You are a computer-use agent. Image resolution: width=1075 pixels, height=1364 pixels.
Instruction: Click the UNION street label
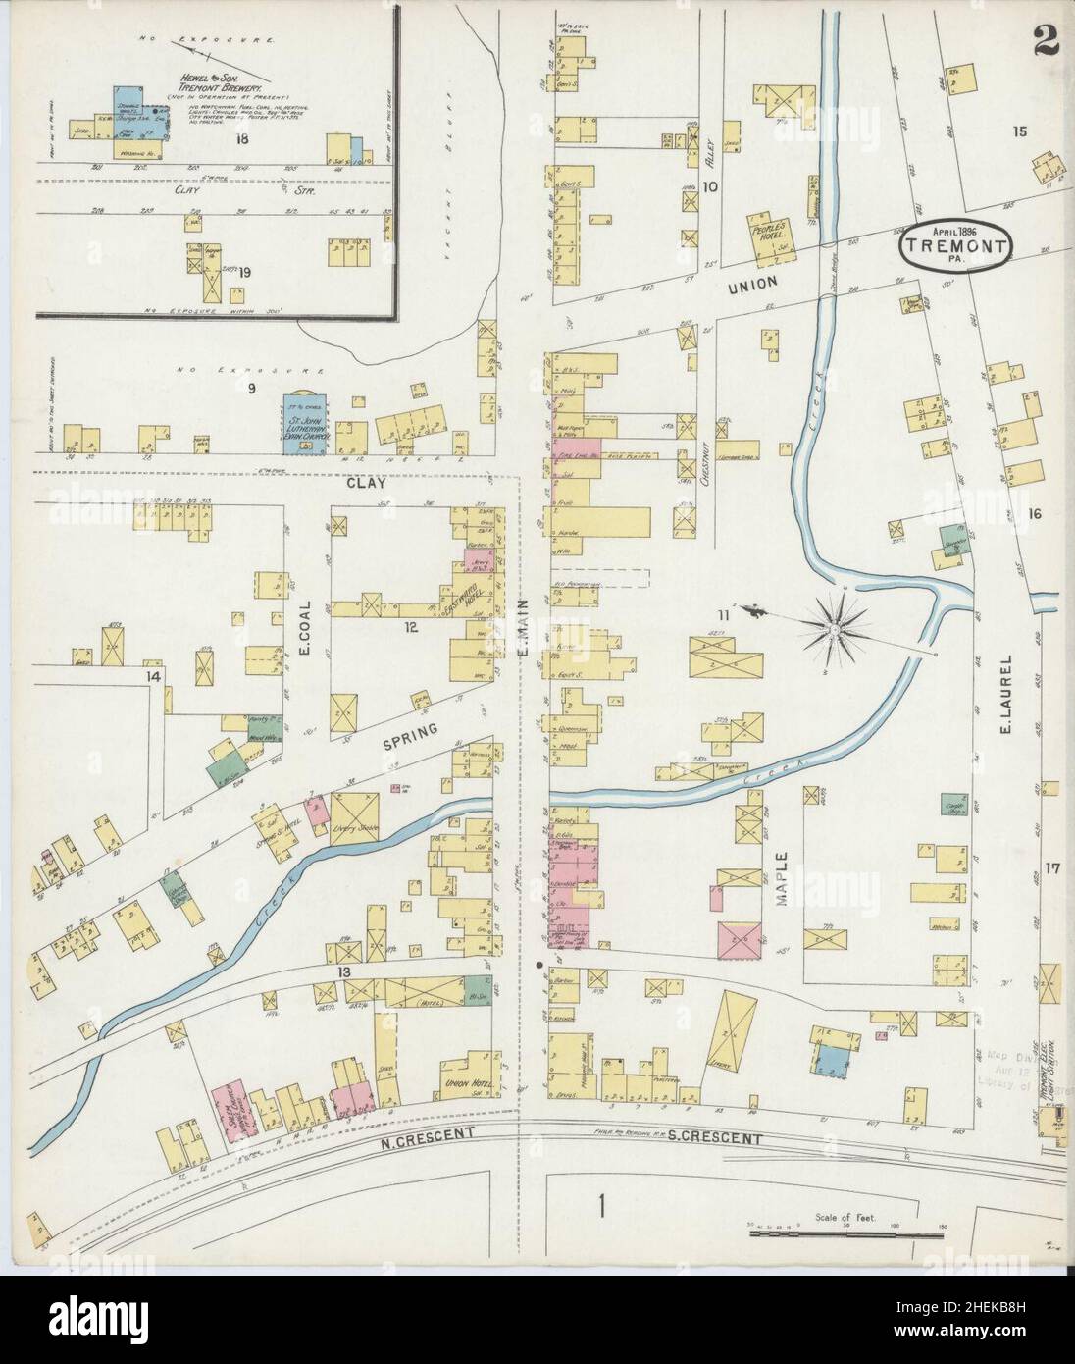click(x=751, y=282)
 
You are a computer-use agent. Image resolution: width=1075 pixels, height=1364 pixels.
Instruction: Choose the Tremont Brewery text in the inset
click(x=213, y=79)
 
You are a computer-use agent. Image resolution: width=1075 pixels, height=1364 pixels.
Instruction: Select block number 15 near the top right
click(x=1019, y=131)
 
